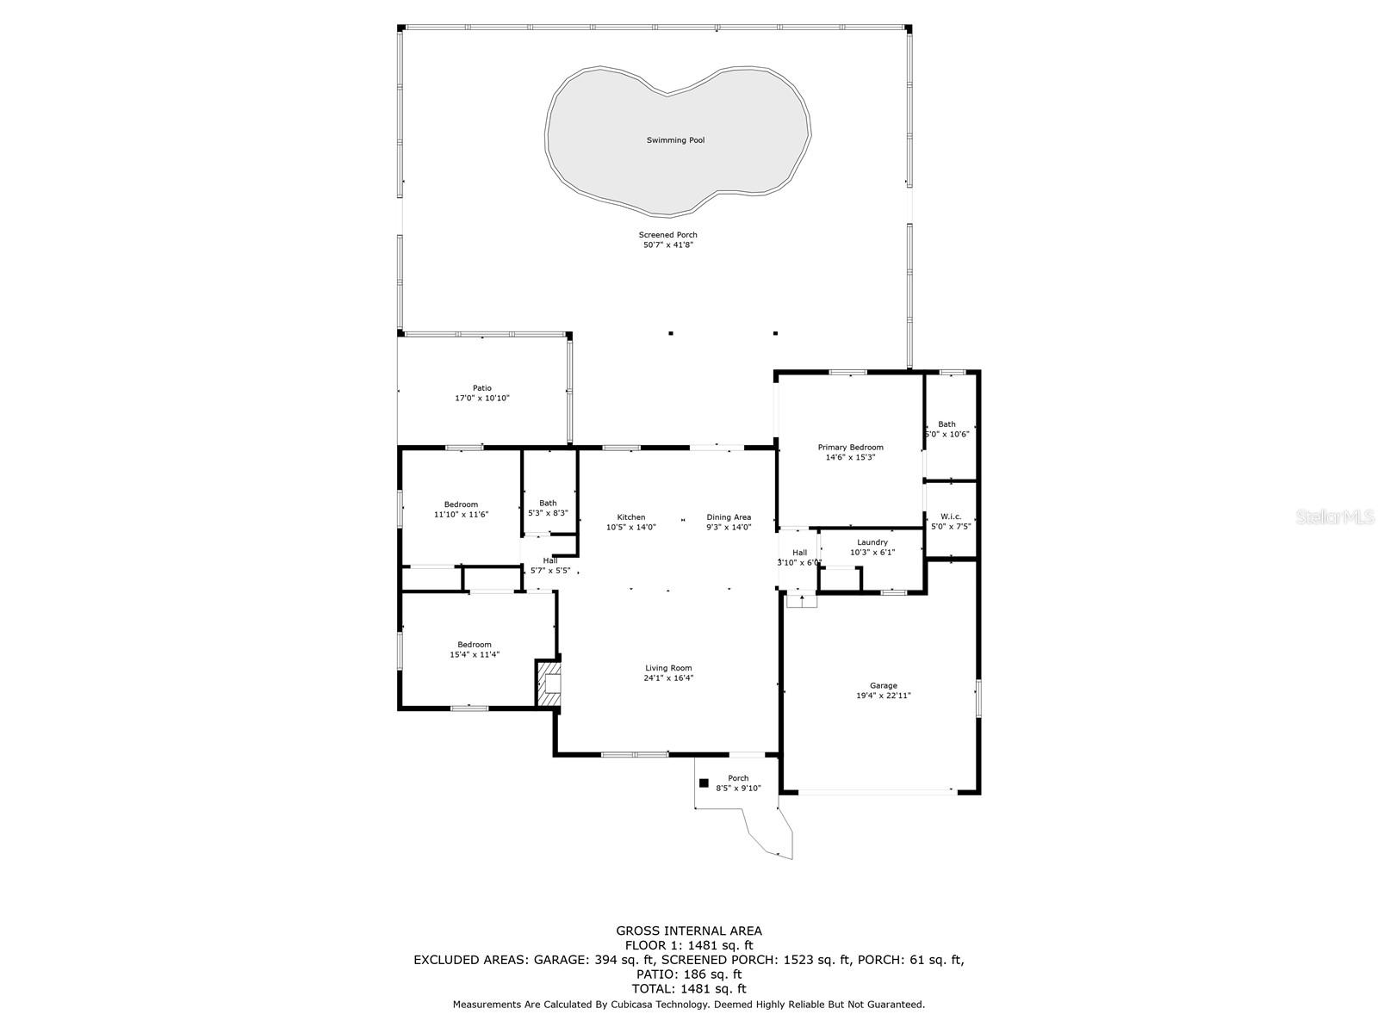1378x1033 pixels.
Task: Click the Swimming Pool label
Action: (x=675, y=139)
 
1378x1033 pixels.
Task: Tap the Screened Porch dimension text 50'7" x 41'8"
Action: (x=668, y=245)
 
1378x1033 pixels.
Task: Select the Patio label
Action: (x=481, y=388)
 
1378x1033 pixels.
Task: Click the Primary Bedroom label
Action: (x=850, y=448)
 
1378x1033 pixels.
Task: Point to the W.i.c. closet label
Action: (x=950, y=516)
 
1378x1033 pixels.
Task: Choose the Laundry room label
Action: (x=872, y=542)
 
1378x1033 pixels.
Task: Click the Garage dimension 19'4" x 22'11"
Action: (x=883, y=696)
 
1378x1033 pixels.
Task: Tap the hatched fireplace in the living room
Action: (x=549, y=684)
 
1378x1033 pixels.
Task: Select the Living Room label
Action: (x=668, y=668)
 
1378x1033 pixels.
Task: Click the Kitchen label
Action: (x=630, y=517)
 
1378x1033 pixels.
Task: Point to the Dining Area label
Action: (x=729, y=517)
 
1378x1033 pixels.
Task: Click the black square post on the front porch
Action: (x=704, y=783)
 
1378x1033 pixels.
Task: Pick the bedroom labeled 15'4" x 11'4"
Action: (x=474, y=645)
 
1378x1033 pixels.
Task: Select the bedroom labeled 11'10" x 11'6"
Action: (x=461, y=504)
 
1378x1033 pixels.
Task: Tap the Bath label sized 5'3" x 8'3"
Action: (x=548, y=503)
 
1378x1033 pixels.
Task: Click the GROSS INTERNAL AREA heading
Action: (x=688, y=931)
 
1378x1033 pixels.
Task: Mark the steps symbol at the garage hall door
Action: (x=802, y=601)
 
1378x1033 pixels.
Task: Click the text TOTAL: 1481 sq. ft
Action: (x=688, y=989)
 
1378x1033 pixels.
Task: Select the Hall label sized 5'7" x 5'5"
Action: (x=549, y=560)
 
